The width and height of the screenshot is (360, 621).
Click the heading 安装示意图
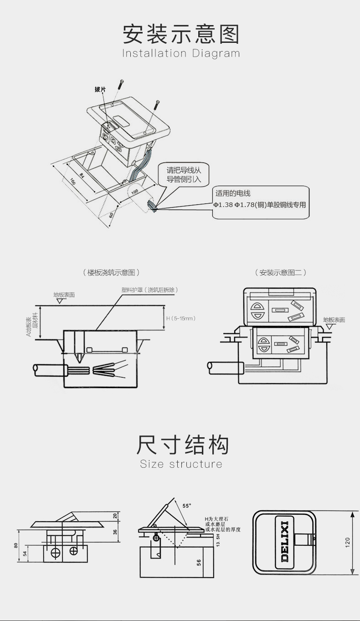[181, 34]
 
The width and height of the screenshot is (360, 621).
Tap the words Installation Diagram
[181, 53]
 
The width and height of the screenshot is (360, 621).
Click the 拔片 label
[100, 89]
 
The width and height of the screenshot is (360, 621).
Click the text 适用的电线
[233, 193]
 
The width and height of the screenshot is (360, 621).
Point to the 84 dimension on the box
[82, 175]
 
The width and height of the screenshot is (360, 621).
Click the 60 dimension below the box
[111, 215]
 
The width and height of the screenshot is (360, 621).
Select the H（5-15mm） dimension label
[181, 318]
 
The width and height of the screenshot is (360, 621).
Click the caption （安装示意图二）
[280, 273]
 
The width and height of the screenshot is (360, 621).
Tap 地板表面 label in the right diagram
[334, 320]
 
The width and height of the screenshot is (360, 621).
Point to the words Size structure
[181, 464]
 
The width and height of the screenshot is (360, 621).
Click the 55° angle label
[187, 506]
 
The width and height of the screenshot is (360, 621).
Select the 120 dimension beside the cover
[347, 542]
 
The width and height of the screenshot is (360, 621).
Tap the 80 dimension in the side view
[15, 545]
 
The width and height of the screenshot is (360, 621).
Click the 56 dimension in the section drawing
[199, 562]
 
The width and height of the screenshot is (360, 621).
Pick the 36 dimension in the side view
[115, 531]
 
